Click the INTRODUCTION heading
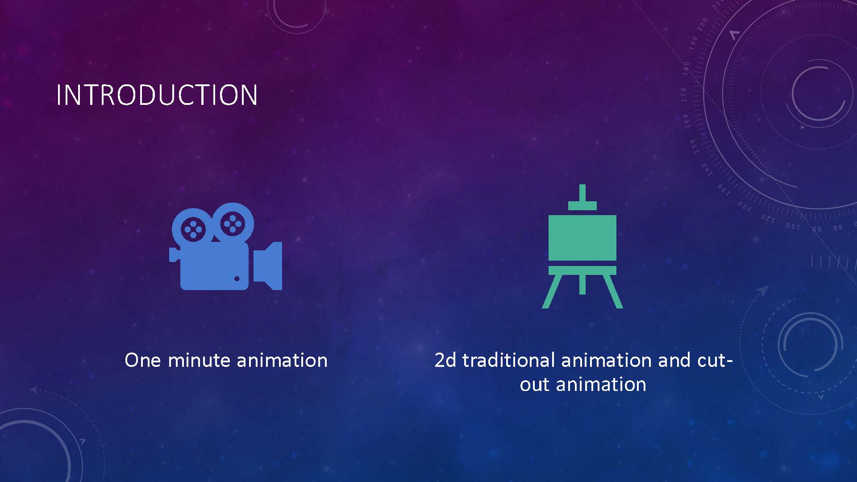(157, 95)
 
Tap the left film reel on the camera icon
(192, 229)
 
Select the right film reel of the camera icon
(232, 224)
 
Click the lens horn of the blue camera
(268, 266)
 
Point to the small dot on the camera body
(237, 279)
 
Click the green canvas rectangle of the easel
(582, 238)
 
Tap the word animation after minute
(282, 360)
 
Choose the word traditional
(508, 360)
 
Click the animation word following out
(601, 384)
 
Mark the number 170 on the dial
(684, 94)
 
